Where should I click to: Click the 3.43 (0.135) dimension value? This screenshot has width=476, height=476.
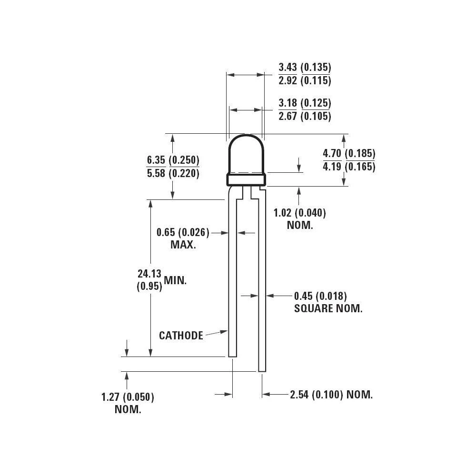pos(305,67)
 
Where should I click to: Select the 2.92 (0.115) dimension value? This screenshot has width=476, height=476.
pos(305,80)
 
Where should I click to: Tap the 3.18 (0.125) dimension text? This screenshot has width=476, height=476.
pos(305,103)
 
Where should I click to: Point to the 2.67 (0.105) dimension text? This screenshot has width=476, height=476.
pos(305,116)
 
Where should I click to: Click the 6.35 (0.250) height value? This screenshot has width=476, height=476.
pos(173,160)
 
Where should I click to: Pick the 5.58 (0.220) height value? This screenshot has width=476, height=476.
pos(173,173)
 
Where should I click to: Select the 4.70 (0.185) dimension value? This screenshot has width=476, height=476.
pos(349,153)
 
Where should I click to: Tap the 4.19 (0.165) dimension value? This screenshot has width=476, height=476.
pos(349,167)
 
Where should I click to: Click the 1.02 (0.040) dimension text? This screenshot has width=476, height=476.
pos(300,213)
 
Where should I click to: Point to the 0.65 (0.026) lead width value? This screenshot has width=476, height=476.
pos(183,232)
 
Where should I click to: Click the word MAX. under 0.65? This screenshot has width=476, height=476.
pos(183,245)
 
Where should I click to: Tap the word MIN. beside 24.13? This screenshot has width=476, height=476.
pos(176,280)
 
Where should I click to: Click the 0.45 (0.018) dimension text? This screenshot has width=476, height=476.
pos(320,296)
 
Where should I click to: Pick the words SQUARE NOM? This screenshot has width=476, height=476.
pos(328,308)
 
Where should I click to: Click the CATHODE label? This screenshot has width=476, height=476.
pos(181,336)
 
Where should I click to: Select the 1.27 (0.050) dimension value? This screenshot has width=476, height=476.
pos(128,397)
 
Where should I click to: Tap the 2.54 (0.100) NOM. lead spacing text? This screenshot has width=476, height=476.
pos(331,395)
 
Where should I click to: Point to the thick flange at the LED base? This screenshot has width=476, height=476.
pos(246,179)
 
